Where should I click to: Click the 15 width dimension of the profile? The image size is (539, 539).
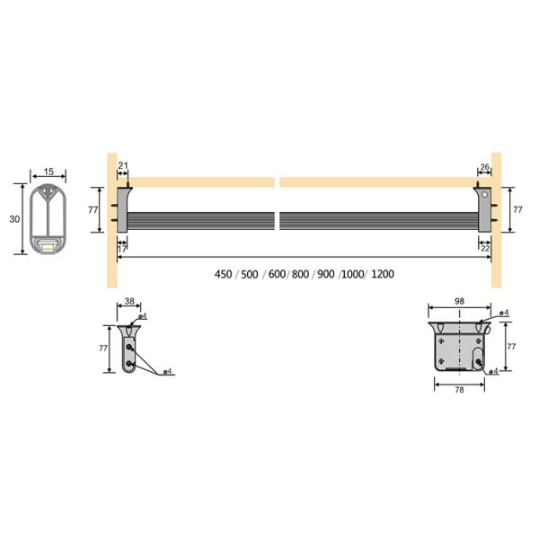49,172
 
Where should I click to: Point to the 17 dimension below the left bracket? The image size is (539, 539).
122,248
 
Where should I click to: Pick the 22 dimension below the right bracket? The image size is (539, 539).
486,248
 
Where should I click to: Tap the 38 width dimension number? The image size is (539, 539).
129,302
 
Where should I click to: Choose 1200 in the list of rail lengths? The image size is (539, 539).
382,274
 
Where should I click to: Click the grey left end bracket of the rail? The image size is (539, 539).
124,211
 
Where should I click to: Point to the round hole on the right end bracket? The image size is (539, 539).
485,195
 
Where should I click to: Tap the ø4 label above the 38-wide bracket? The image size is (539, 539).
144,316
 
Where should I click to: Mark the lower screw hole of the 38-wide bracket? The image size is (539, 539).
133,364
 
